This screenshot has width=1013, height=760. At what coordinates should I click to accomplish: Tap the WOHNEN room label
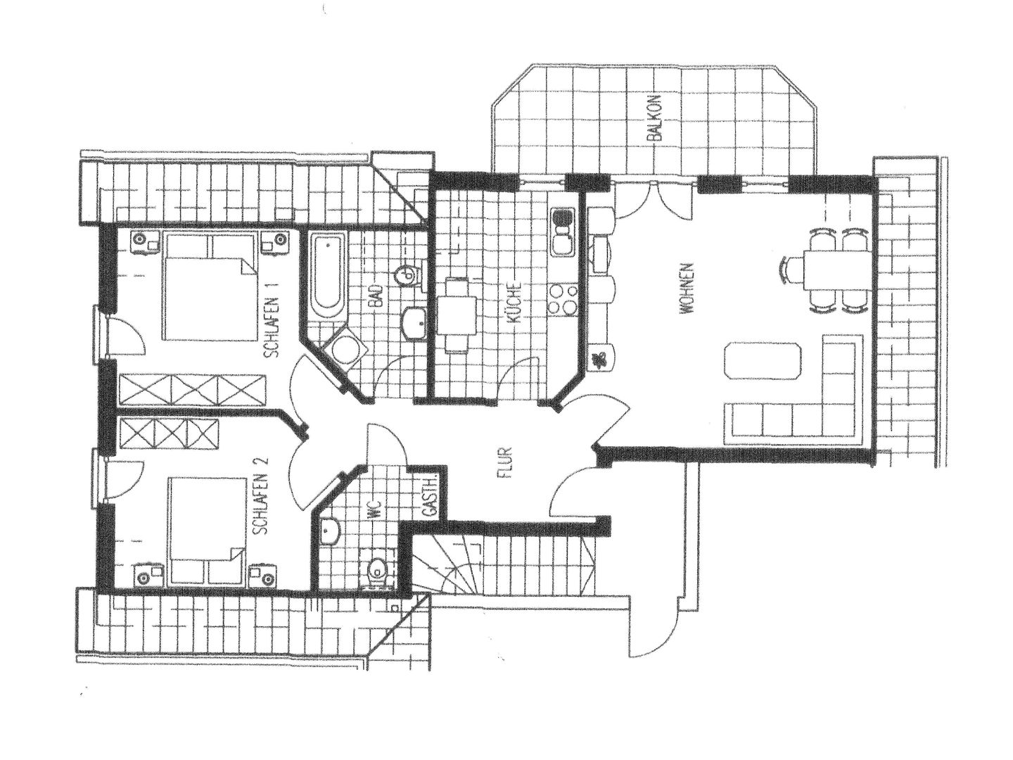pos(692,293)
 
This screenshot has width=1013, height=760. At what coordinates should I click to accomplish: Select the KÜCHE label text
pos(516,303)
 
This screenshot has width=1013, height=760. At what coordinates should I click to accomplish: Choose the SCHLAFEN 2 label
pos(261,496)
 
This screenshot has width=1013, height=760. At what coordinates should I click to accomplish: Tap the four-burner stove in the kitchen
pos(563,299)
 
